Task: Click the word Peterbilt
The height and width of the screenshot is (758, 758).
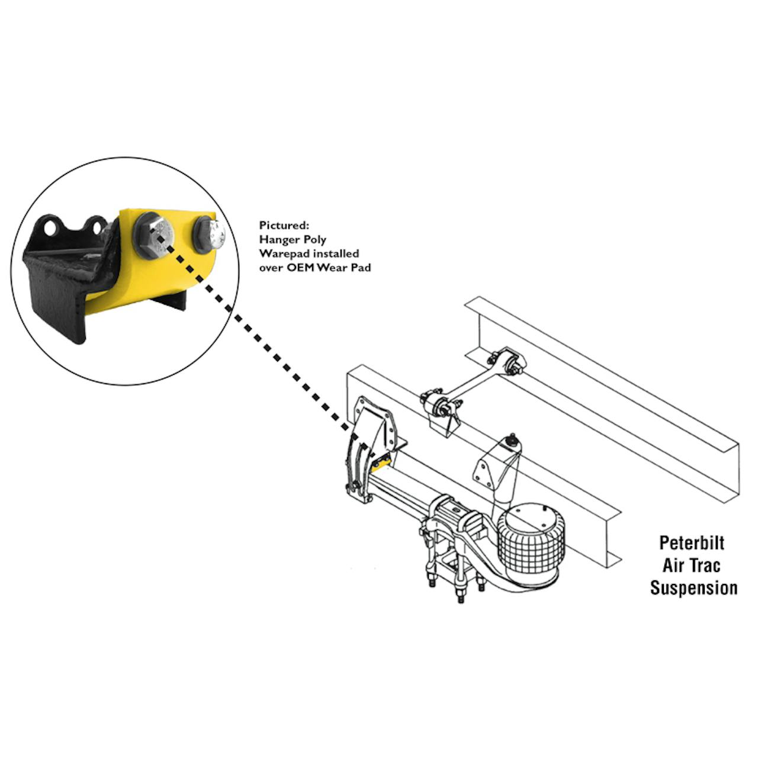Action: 692,543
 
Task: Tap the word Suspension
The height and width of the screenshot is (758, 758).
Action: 693,588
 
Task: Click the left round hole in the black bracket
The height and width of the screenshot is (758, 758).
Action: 51,227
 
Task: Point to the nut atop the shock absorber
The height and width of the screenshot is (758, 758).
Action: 512,438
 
